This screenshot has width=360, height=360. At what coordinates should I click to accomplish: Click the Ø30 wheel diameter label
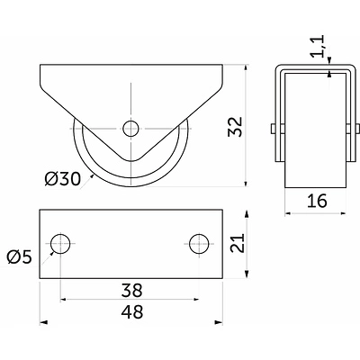coord(63,179)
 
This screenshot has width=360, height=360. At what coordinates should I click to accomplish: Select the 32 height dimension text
coord(235,127)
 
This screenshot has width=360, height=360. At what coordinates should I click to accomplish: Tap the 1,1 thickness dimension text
coord(318,46)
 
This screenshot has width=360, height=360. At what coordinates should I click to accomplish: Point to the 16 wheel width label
coord(317,201)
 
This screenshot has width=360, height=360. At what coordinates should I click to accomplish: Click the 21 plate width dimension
coord(238,243)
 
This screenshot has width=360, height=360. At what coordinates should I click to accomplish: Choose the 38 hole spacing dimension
coord(132,291)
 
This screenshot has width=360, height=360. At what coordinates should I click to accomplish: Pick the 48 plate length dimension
coord(132,312)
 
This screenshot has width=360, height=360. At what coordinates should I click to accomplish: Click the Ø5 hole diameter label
coord(20,257)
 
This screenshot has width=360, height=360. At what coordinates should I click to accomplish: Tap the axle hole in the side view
coord(130,129)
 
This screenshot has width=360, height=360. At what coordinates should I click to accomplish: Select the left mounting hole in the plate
coord(60,244)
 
